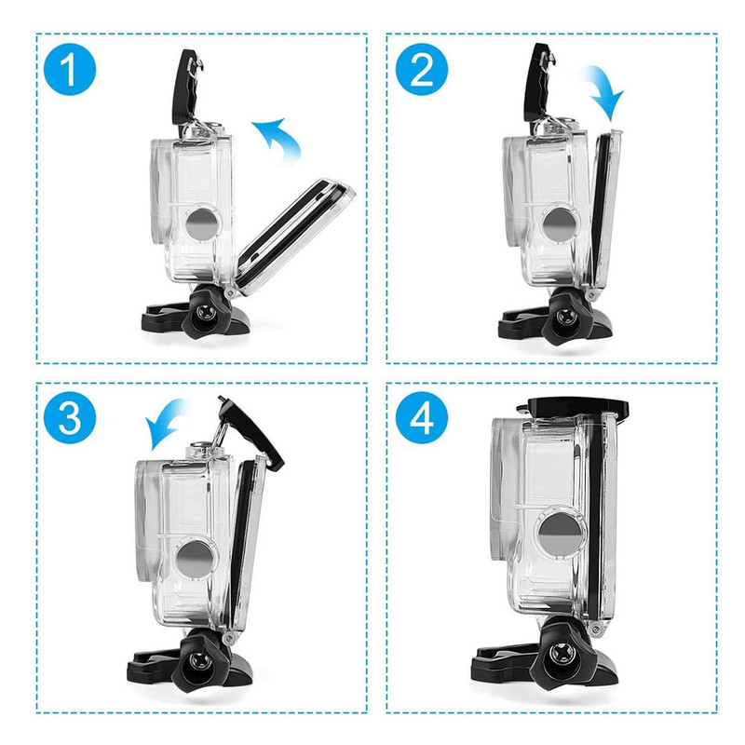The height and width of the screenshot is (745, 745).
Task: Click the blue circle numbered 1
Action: click(x=70, y=70)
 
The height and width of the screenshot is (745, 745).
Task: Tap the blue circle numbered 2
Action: click(x=422, y=70)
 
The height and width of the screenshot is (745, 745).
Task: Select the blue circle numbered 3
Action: click(x=70, y=418)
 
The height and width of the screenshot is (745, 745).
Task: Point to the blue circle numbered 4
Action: click(x=422, y=418)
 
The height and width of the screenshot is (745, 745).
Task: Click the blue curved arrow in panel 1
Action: click(x=280, y=135)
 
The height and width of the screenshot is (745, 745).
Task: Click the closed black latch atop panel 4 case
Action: click(x=573, y=407)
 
